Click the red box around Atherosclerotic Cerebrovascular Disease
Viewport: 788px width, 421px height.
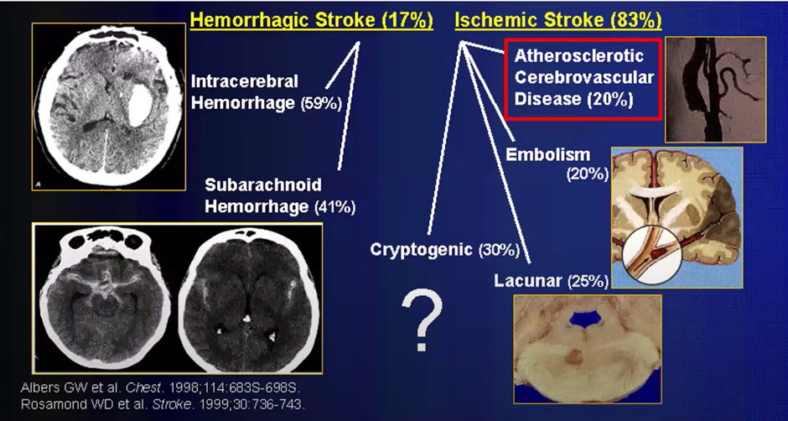(x=584, y=78)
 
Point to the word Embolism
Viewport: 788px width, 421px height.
(x=548, y=155)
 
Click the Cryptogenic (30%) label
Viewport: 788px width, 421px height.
(x=445, y=249)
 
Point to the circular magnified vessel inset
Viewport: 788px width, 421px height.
(x=652, y=257)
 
